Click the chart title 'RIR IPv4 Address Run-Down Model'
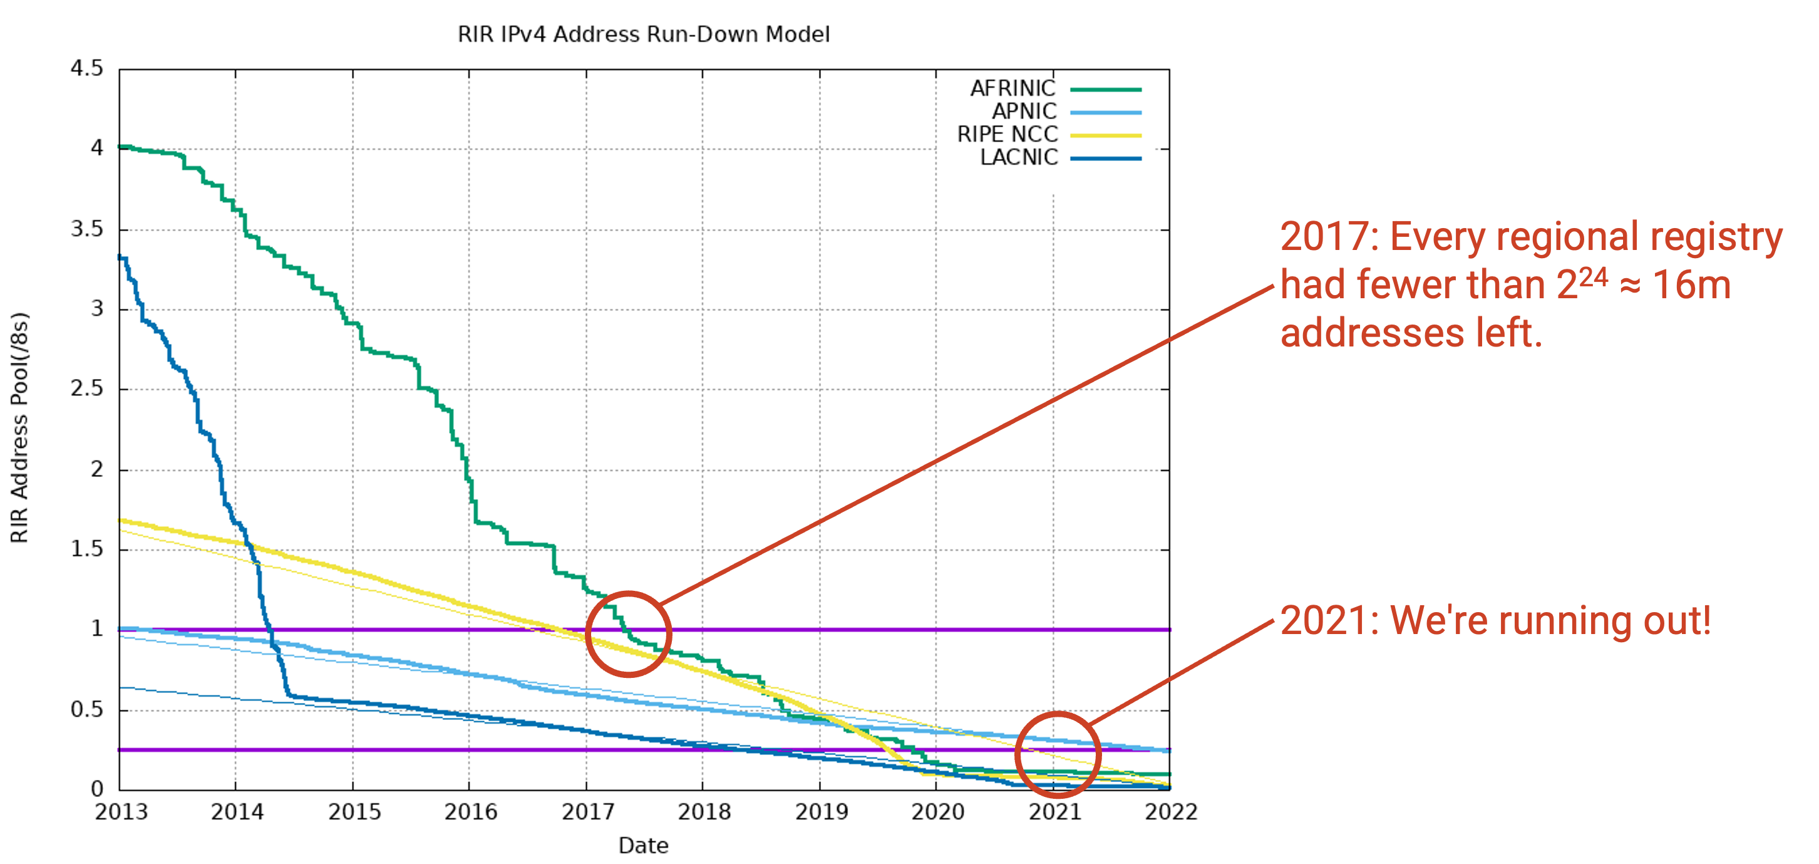(643, 34)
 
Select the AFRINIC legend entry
(1056, 89)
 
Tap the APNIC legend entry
(1066, 112)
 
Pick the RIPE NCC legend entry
(1049, 134)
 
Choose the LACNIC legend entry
(1061, 157)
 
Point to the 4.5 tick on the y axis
(87, 68)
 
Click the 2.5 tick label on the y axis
(87, 388)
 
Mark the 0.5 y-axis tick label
(87, 709)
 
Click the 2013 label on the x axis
(121, 812)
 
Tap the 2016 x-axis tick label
(470, 812)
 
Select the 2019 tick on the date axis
(822, 812)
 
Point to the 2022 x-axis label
(1171, 812)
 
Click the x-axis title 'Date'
(643, 846)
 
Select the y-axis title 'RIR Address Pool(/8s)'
(19, 427)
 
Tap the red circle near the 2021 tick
(1018, 754)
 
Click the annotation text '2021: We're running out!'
(1496, 621)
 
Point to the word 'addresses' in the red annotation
(1373, 333)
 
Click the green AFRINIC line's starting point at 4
(120, 147)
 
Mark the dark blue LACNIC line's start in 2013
(120, 257)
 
